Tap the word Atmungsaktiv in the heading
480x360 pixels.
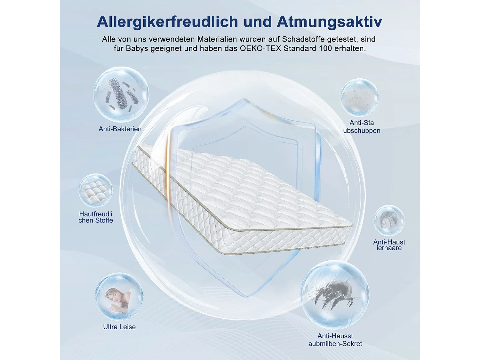click(x=329, y=22)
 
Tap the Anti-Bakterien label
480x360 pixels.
click(x=120, y=129)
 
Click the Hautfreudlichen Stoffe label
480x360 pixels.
click(x=96, y=217)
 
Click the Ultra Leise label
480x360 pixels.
click(x=119, y=327)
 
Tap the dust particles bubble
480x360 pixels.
click(x=359, y=97)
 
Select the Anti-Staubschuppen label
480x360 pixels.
click(x=362, y=127)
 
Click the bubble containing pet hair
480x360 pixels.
click(x=389, y=220)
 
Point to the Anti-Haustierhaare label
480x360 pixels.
click(x=389, y=245)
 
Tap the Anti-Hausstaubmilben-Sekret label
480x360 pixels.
click(x=335, y=340)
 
